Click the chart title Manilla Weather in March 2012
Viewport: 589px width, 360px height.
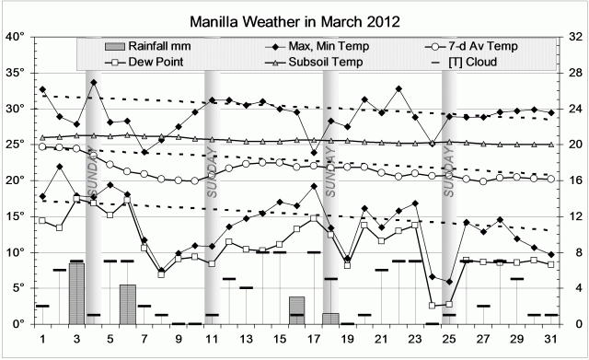[x=294, y=19]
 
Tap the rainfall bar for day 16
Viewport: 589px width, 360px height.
[x=296, y=310]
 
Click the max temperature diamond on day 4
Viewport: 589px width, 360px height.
[x=94, y=83]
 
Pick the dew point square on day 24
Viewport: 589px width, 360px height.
[x=433, y=305]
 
